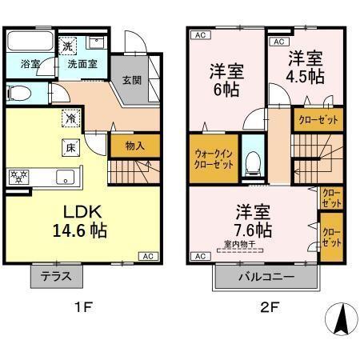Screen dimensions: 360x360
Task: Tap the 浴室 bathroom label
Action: (23, 65)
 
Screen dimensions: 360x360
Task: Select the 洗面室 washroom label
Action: (82, 65)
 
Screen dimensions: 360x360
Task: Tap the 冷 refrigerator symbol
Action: (72, 118)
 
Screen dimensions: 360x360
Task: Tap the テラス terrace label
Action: (57, 278)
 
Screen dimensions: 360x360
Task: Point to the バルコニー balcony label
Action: (266, 278)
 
